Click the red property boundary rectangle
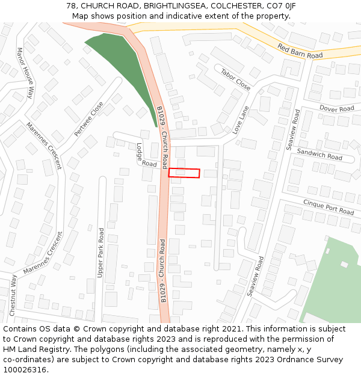click(184, 173)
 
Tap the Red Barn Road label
click(300, 51)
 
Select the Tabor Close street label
click(235, 79)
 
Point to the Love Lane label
click(241, 120)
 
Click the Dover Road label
click(336, 109)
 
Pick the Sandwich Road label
click(319, 154)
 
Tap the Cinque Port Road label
click(329, 207)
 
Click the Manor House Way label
click(25, 73)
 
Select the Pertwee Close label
click(88, 119)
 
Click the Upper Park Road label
click(100, 253)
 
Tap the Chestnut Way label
click(13, 295)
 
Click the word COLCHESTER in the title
click(233, 6)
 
